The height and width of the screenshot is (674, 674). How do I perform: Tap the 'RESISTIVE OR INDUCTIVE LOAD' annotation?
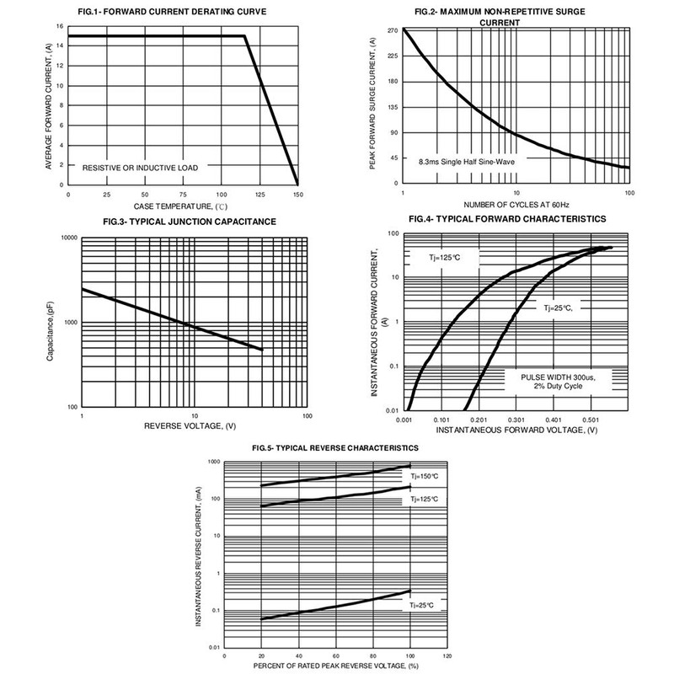[x=141, y=168]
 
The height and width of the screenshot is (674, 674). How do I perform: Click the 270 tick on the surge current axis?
[x=392, y=30]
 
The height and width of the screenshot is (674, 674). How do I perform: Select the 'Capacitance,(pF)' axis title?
[x=53, y=324]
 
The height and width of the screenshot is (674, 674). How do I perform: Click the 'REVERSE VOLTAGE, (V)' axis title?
[x=194, y=428]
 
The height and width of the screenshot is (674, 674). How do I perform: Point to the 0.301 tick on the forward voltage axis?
[x=516, y=419]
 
